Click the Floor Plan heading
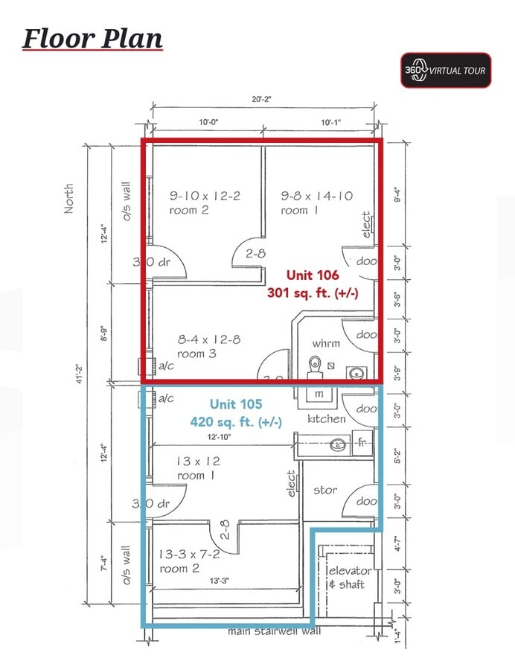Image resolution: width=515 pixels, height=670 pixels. pos(92,38)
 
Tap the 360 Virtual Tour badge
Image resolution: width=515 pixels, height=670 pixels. pos(446,71)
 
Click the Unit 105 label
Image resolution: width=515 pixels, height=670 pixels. pos(236,404)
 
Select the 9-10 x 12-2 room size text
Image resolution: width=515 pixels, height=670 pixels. pos(205,196)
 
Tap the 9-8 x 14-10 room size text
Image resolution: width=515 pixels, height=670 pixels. pos(316,196)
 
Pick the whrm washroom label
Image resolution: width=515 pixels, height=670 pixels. pos(326,343)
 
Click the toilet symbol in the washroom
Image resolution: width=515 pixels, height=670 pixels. pos(315,365)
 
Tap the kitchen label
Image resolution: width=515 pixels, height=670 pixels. pos(327,419)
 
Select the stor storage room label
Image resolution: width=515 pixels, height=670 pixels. pos(324,490)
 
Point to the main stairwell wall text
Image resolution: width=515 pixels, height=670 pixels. pos(275,632)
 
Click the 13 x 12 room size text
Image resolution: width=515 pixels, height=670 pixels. pos(198,462)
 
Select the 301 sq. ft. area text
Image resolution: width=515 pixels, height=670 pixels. pos(313,293)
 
